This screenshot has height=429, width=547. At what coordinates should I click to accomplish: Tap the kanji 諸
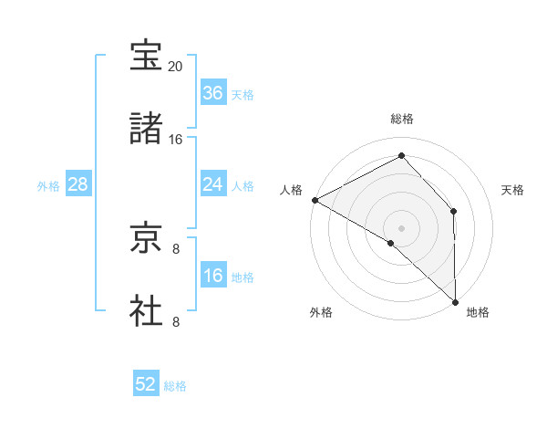tap(147, 128)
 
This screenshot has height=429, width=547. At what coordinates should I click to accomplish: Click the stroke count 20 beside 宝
tap(176, 67)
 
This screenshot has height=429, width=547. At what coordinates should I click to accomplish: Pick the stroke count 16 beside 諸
tap(176, 140)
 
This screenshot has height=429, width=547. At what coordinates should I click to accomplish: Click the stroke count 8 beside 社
tap(176, 321)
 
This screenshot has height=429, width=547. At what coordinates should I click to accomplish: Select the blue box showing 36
tap(212, 93)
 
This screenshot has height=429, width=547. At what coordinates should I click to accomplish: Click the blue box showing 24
tap(212, 184)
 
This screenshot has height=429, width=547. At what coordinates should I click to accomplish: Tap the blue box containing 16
tap(212, 276)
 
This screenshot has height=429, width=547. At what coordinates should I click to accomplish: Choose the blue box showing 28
tap(77, 184)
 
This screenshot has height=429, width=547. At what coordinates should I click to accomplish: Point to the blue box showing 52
tap(146, 385)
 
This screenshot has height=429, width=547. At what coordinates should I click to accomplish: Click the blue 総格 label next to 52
tap(175, 386)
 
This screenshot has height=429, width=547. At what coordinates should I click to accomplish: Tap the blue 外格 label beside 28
tap(48, 185)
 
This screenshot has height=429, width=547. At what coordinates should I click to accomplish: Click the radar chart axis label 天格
tap(513, 190)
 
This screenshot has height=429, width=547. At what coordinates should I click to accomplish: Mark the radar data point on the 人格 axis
tap(315, 200)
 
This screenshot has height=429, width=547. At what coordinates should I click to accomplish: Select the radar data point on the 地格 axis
tap(456, 300)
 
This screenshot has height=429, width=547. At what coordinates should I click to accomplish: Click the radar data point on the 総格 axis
tap(401, 155)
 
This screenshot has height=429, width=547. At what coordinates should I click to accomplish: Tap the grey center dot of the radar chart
tap(401, 226)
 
